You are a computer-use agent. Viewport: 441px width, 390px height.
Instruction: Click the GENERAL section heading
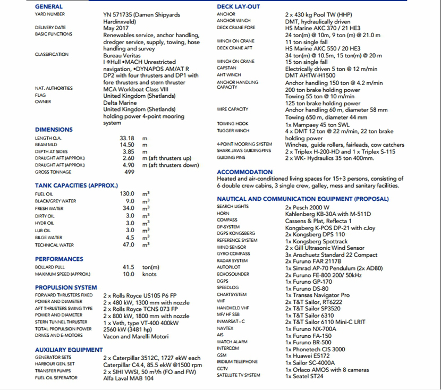tap(49, 6)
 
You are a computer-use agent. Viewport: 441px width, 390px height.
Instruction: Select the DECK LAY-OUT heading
tap(239, 6)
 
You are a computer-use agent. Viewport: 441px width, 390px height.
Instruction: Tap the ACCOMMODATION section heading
tap(244, 172)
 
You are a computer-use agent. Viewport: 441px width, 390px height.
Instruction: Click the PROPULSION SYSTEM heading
tap(66, 287)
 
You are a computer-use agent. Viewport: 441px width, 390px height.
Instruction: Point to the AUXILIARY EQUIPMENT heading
tap(69, 350)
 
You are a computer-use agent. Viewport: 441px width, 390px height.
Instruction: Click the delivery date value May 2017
tap(116, 28)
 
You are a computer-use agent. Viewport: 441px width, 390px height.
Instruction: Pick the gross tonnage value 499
tap(129, 172)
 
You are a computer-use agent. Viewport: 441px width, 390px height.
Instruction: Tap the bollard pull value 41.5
tap(128, 267)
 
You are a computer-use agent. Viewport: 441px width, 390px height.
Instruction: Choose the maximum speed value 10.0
tap(129, 274)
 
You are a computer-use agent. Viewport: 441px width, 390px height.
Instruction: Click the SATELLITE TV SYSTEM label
tap(239, 375)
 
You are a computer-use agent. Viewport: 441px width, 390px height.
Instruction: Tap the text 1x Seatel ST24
tap(304, 376)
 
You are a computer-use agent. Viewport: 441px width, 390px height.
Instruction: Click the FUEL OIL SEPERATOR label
tap(56, 378)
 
